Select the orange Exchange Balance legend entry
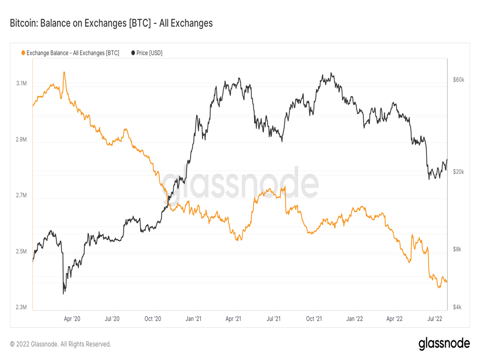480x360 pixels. click(70, 53)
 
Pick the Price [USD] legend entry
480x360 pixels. click(147, 53)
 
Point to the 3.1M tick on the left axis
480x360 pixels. click(21, 83)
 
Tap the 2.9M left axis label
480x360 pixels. click(21, 140)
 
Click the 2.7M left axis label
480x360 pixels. click(21, 195)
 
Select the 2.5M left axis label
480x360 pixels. click(21, 252)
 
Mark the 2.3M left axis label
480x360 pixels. click(21, 307)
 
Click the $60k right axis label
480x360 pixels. click(458, 80)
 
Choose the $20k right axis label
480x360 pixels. click(458, 172)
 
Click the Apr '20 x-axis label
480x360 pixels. click(72, 319)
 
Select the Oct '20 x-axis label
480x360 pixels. click(153, 319)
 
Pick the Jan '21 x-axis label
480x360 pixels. click(193, 319)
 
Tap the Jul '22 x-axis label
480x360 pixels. click(435, 319)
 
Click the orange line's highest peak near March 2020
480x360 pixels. click(64, 72)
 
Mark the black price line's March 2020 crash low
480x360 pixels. click(63, 293)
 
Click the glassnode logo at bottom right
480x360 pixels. click(444, 344)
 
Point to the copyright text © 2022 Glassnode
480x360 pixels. click(60, 344)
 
